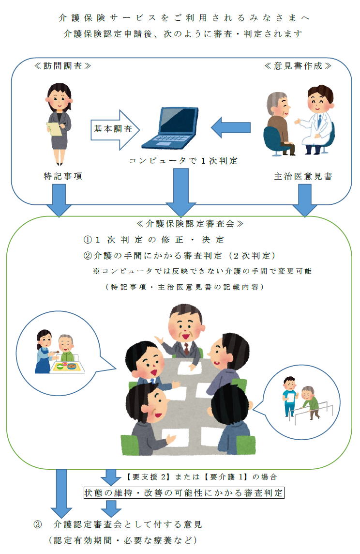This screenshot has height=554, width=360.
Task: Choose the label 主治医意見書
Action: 303,176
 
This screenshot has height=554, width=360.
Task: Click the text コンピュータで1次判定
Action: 183,161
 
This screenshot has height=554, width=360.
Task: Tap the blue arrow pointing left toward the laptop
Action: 230,128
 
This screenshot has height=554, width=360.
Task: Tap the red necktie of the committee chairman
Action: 186,349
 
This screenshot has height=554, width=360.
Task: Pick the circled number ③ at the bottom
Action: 37,524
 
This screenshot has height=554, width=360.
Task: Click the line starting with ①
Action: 153,240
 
